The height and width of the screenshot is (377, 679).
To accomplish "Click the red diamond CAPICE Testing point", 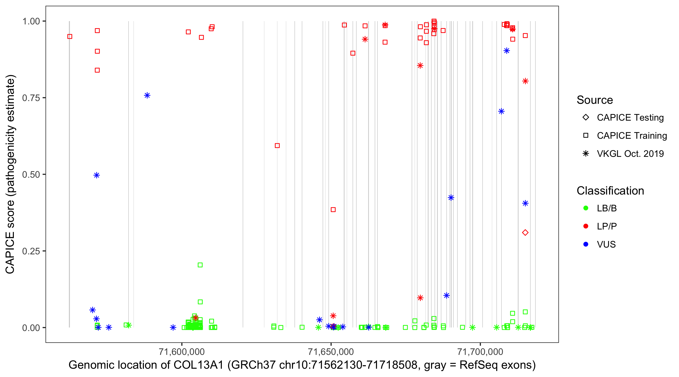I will pos(525,233).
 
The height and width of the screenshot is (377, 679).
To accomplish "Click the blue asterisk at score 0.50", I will pos(97,175).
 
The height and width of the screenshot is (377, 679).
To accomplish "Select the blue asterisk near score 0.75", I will pos(147,95).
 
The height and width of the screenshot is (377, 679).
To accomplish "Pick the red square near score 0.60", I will pos(277,146).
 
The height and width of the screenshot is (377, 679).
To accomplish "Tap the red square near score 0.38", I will pos(333,210).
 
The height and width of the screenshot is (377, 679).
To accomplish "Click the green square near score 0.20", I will pos(200,265).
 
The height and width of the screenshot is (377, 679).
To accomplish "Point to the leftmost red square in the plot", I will pos(70,37).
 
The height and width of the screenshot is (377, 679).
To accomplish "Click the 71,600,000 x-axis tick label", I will pos(182,352).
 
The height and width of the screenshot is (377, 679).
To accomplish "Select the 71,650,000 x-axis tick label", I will pos(331,352).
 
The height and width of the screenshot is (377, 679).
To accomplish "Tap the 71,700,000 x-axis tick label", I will pos(480,352).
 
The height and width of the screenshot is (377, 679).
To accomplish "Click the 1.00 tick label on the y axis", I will pos(31,21).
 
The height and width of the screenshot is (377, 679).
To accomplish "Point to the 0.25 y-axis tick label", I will pos(31,251).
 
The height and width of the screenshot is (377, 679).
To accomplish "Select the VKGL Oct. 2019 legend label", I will pos(630,154).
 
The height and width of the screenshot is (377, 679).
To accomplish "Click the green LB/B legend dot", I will pos(586,208).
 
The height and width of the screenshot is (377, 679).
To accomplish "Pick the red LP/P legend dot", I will pos(586,226).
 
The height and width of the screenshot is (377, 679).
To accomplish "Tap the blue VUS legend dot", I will pos(586,245).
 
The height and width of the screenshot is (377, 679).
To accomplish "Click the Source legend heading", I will pos(595,100).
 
